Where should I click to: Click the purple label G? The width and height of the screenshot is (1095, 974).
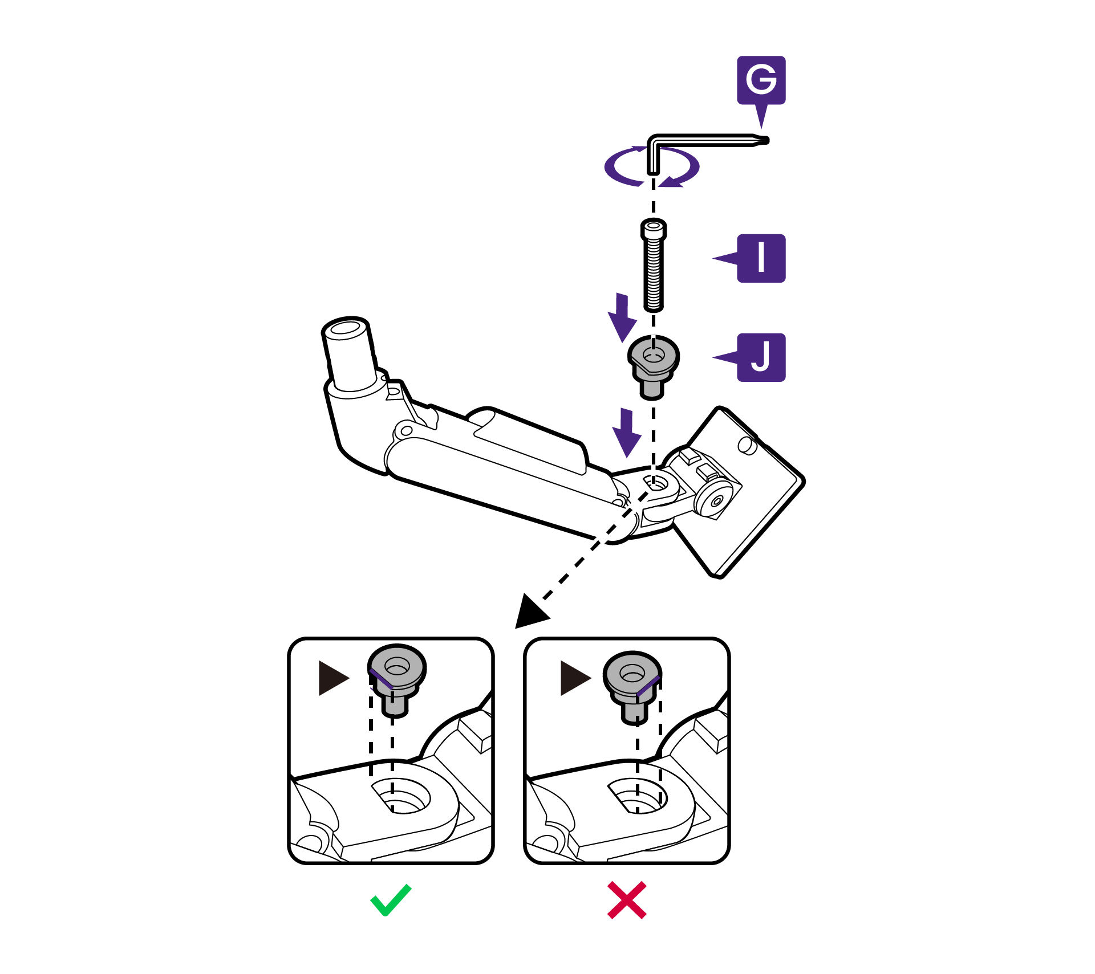pos(761,80)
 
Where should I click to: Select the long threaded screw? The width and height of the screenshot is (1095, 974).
pos(654,265)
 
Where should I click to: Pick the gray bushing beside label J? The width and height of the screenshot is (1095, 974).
pos(654,367)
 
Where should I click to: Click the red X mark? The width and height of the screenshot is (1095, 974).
pos(627,900)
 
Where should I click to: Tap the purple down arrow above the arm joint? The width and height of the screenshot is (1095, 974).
pos(627,433)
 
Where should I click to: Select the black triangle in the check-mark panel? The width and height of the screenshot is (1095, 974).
pos(332,678)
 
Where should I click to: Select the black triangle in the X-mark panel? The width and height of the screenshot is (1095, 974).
pos(574,678)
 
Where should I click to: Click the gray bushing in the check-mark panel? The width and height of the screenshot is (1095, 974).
pos(397,680)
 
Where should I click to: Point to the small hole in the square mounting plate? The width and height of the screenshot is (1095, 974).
pos(748,445)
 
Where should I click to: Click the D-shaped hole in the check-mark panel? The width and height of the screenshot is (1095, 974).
pos(400,796)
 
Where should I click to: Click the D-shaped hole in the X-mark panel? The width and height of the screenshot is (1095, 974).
pos(637,796)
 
